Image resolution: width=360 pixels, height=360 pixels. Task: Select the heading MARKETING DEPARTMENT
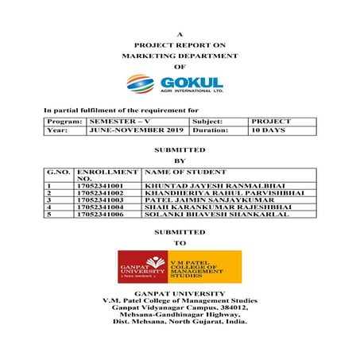tap(180, 57)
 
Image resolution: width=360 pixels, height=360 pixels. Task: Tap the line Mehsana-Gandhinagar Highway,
tap(180, 315)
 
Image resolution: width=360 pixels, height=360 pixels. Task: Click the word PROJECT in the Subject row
tap(270, 121)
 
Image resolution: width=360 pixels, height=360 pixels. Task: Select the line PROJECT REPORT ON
tap(180, 46)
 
